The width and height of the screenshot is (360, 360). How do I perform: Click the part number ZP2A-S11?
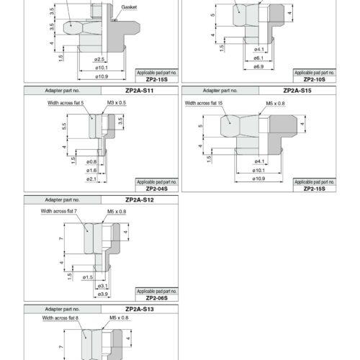pyautogui.click(x=140, y=91)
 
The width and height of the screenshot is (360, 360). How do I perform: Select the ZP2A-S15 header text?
pyautogui.click(x=297, y=91)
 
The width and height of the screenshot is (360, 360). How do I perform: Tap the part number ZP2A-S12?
pyautogui.click(x=140, y=200)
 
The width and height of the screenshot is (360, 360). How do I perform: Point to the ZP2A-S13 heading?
pyautogui.click(x=140, y=309)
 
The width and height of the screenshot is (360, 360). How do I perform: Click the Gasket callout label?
pyautogui.click(x=129, y=7)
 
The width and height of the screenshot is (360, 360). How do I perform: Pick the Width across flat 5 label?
pyautogui.click(x=66, y=103)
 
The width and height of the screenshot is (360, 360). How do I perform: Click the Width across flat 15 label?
pyautogui.click(x=204, y=103)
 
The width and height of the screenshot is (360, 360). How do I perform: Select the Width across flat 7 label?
pyautogui.click(x=59, y=211)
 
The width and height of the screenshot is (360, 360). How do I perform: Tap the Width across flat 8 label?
pyautogui.click(x=60, y=318)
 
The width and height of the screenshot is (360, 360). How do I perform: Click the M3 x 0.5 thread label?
pyautogui.click(x=117, y=103)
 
